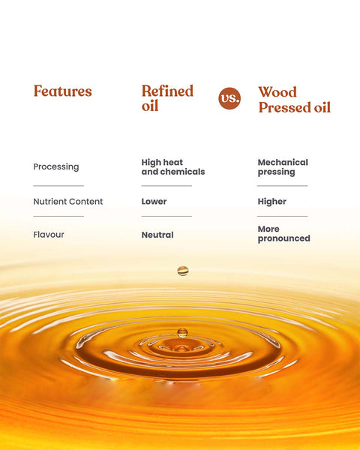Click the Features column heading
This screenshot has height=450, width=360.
[x=62, y=91]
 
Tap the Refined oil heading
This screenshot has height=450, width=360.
[x=167, y=98]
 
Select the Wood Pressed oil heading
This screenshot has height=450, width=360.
[x=294, y=100]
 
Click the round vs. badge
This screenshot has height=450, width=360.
[x=229, y=98]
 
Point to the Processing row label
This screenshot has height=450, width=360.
[x=55, y=166]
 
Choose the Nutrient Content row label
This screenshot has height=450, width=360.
[x=67, y=202]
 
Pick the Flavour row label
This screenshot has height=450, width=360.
[x=49, y=235]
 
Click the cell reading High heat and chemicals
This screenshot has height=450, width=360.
[x=172, y=167]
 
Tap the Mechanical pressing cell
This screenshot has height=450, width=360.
[x=283, y=167]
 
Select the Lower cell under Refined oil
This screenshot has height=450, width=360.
[x=154, y=202]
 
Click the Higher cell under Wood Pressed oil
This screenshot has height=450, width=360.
[x=271, y=202]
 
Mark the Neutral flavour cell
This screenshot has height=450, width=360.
[x=157, y=235]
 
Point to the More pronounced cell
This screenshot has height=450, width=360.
[x=283, y=234]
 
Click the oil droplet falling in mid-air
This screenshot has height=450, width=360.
[x=182, y=271]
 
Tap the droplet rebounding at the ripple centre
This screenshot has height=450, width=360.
[x=182, y=331]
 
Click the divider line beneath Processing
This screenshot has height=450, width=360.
[x=58, y=185]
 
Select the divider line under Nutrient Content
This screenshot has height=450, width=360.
[x=58, y=217]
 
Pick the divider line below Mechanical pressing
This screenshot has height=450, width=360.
[x=282, y=185]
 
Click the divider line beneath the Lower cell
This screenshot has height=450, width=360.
[x=166, y=217]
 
